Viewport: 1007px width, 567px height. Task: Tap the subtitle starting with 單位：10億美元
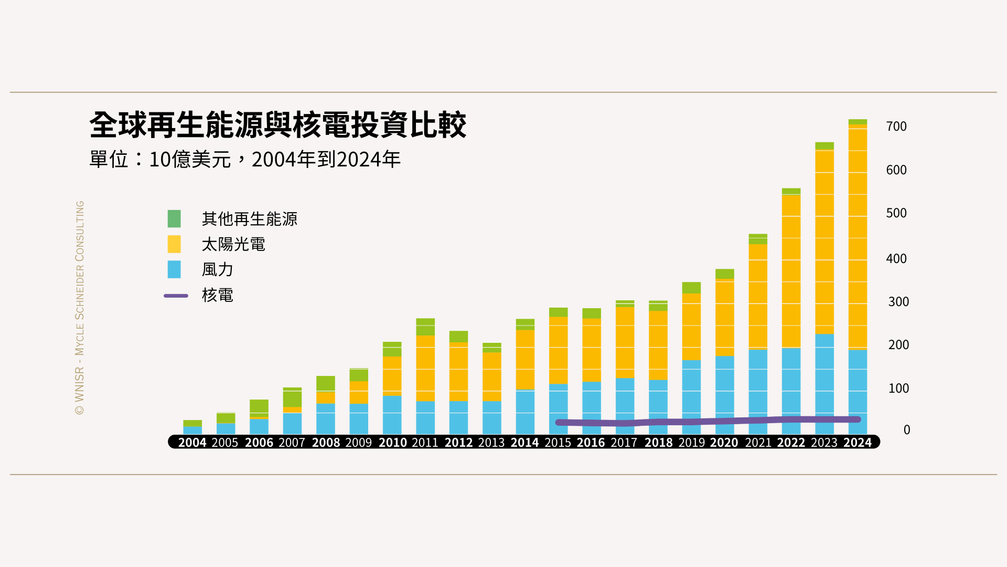coord(244,160)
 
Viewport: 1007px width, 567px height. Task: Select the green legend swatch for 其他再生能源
coord(174,219)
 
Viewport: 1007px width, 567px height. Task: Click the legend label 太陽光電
coord(233,245)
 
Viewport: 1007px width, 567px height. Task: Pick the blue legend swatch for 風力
coord(174,270)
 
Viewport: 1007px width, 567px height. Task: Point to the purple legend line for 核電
coord(176,296)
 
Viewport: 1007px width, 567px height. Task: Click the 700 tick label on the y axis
coord(896,127)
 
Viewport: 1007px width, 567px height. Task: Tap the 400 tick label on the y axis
coord(896,259)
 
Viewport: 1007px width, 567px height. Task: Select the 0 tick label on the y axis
coord(906,430)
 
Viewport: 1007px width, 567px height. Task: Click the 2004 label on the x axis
coord(192,443)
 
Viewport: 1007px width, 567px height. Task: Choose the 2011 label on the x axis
coord(425,443)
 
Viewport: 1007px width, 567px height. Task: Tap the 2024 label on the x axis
coord(857,443)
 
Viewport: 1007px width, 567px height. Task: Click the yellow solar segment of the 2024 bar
coord(858,236)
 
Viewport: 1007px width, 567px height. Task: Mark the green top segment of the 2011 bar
coord(425,327)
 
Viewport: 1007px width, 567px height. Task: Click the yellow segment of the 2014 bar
coord(525,360)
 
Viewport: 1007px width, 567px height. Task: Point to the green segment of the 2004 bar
coord(192,423)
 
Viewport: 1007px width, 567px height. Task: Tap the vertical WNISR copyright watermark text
coord(80,308)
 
